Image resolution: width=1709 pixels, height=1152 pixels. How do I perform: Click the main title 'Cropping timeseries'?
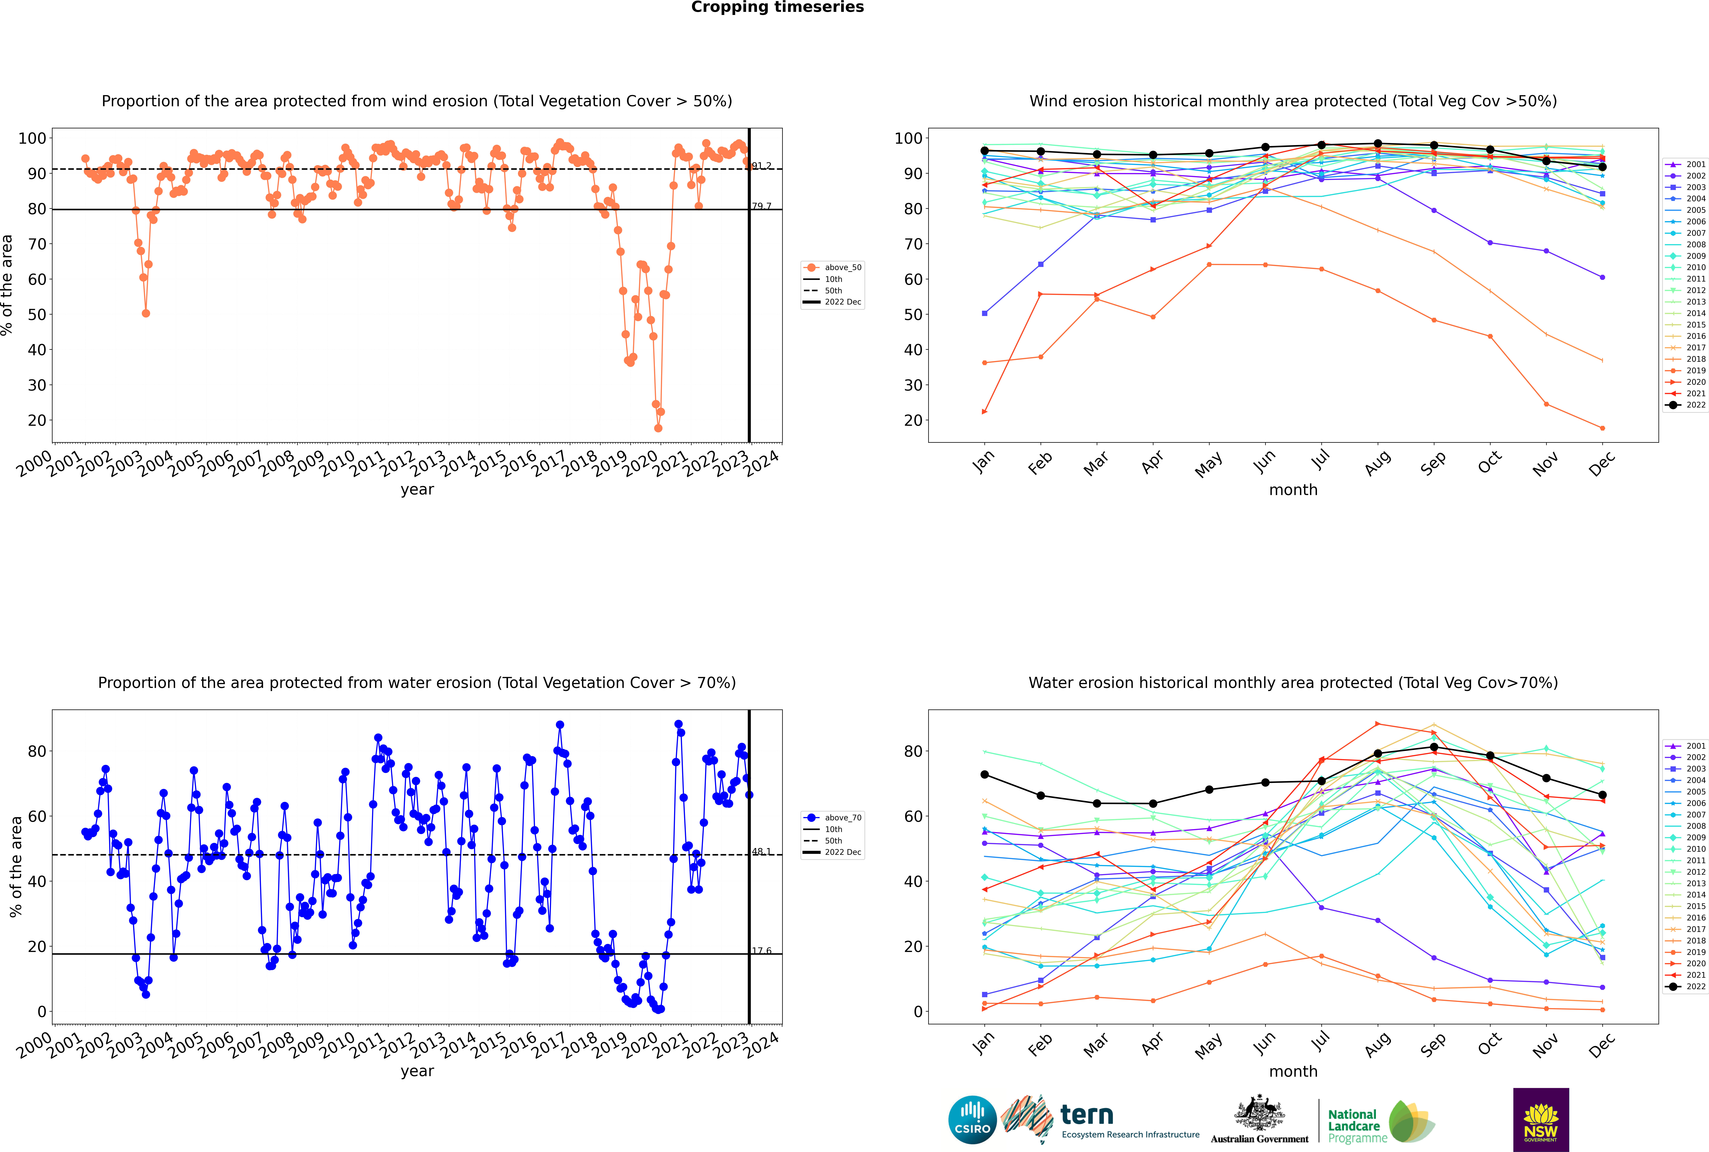coord(777,7)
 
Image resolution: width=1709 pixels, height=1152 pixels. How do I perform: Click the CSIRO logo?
coord(972,1120)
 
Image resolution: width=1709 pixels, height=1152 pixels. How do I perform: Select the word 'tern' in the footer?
coord(1087,1115)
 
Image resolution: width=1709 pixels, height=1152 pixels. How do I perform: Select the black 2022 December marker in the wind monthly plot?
coord(1603,167)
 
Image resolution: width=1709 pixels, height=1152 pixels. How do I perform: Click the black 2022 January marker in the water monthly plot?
coord(985,774)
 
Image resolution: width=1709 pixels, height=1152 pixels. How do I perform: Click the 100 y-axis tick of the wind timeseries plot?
coord(32,138)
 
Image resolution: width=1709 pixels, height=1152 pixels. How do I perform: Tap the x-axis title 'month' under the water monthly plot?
coord(1293,1071)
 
